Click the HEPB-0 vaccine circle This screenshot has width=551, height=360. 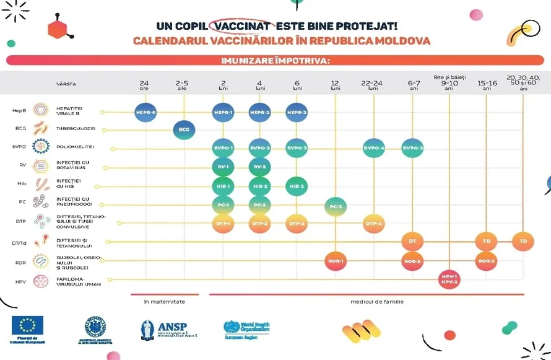145,112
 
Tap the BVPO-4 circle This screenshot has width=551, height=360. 373,148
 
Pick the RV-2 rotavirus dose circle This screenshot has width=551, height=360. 260,167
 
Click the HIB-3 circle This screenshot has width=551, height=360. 297,186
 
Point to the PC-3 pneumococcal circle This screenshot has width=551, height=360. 336,205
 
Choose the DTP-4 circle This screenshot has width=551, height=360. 373,223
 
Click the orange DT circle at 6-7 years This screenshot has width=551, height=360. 412,241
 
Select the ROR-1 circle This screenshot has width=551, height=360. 336,261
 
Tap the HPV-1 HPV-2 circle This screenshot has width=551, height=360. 449,279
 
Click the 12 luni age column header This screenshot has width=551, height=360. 336,85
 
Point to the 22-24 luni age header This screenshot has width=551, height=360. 373,85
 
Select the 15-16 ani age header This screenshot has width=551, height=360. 487,85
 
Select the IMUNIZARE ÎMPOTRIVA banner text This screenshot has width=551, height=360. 275,61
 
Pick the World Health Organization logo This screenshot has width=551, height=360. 246,328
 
